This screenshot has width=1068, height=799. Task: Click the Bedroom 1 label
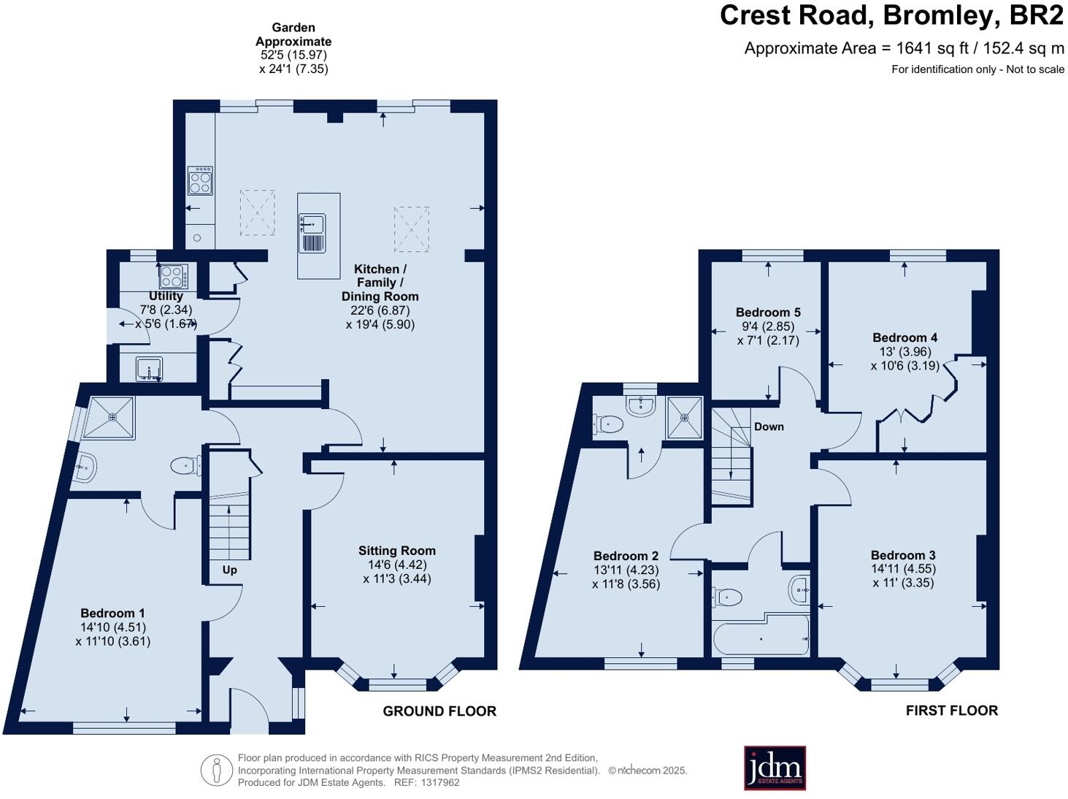pyautogui.click(x=113, y=613)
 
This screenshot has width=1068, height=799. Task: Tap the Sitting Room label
pyautogui.click(x=397, y=551)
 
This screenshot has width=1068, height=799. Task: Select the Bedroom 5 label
pyautogui.click(x=768, y=312)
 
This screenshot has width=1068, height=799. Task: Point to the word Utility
pyautogui.click(x=166, y=296)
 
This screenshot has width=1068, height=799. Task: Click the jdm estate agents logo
pyautogui.click(x=775, y=768)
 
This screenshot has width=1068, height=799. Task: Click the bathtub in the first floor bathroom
pyautogui.click(x=761, y=635)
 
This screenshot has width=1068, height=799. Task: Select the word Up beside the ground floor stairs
pyautogui.click(x=230, y=570)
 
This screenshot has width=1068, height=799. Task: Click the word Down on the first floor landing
pyautogui.click(x=769, y=427)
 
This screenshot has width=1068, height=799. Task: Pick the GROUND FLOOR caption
pyautogui.click(x=439, y=711)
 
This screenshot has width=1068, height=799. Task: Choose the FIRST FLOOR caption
pyautogui.click(x=952, y=711)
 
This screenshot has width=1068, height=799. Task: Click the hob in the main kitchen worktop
pyautogui.click(x=201, y=180)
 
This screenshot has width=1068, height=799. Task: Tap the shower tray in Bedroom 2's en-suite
pyautogui.click(x=685, y=418)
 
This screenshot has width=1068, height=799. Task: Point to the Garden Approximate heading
pyautogui.click(x=293, y=34)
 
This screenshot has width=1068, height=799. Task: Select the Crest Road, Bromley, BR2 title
pyautogui.click(x=892, y=15)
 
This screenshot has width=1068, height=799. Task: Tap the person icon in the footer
pyautogui.click(x=217, y=771)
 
